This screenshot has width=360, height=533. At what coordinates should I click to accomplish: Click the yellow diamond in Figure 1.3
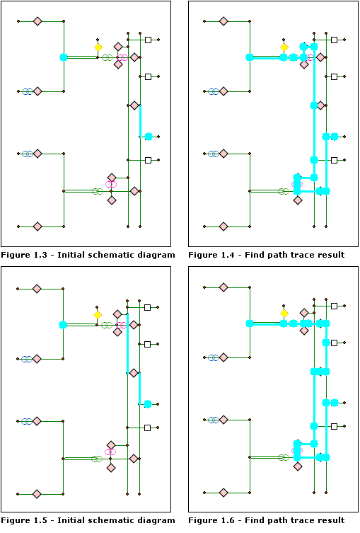tap(98, 47)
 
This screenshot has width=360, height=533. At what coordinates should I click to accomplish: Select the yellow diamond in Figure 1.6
tap(284, 314)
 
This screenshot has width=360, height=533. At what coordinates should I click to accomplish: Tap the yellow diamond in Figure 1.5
tap(98, 314)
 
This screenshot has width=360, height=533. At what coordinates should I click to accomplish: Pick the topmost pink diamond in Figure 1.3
tap(37, 21)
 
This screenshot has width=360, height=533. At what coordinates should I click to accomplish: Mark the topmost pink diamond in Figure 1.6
tap(223, 289)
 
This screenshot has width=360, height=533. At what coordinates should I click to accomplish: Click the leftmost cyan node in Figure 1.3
tap(64, 57)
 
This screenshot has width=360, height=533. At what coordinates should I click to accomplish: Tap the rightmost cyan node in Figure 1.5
tap(148, 404)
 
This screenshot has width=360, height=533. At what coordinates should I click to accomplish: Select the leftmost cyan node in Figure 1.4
tap(250, 57)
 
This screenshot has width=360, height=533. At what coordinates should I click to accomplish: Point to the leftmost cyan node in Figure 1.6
tap(250, 323)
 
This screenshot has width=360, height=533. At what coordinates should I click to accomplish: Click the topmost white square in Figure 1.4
tap(335, 40)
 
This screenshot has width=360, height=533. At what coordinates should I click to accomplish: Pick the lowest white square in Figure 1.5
tap(148, 428)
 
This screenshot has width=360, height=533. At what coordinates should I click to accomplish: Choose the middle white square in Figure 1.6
tap(335, 344)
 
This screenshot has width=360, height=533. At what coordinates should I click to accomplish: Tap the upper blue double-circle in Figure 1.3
tap(27, 91)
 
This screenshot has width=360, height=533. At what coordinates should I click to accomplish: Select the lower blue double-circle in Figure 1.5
tap(26, 420)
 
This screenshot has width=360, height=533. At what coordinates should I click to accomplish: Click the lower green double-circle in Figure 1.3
tap(98, 191)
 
